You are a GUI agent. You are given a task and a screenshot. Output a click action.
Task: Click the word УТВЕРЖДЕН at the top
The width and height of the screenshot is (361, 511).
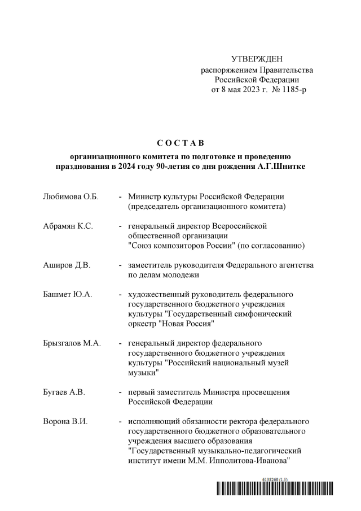257,59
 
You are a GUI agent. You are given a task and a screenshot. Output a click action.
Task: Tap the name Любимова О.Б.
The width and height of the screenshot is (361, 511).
71,196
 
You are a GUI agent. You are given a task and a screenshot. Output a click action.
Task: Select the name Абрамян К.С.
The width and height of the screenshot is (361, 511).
68,226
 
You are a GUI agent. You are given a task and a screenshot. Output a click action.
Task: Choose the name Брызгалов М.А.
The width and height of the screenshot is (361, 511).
72,343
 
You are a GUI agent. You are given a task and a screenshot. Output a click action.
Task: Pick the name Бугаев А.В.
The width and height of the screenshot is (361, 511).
64,392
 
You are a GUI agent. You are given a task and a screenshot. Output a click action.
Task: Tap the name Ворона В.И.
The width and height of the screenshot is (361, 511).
65,422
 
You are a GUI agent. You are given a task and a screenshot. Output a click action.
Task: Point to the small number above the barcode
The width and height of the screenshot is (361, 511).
275,479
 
